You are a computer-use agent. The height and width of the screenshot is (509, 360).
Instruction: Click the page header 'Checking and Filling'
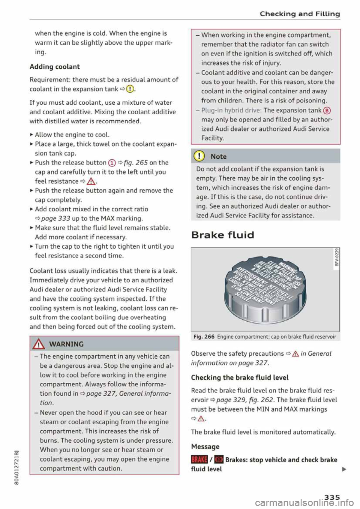(x=300, y=14)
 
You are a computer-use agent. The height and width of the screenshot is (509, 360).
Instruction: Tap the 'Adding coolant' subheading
(x=55, y=67)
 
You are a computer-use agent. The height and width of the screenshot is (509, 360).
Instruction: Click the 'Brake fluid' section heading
(x=222, y=235)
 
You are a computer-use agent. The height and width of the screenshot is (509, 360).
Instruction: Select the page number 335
(x=332, y=497)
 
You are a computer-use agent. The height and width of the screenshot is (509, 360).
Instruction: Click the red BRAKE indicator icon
(x=199, y=460)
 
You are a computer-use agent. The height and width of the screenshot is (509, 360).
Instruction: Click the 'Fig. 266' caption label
(x=204, y=337)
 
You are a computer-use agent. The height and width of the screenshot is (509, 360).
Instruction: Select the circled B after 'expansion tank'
(x=327, y=111)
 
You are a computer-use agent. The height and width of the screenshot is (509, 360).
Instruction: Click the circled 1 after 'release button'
(x=112, y=163)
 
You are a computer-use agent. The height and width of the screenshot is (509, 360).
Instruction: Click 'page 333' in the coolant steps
(x=55, y=219)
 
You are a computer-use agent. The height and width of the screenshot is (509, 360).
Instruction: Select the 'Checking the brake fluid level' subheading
(x=240, y=377)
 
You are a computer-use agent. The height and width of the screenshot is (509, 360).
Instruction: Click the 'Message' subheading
(x=205, y=446)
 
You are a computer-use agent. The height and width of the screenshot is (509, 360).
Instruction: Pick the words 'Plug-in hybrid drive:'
(x=231, y=110)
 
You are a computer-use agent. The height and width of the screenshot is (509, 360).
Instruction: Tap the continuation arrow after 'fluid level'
(x=344, y=469)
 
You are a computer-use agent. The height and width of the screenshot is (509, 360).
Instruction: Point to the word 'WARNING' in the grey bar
(x=66, y=344)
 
